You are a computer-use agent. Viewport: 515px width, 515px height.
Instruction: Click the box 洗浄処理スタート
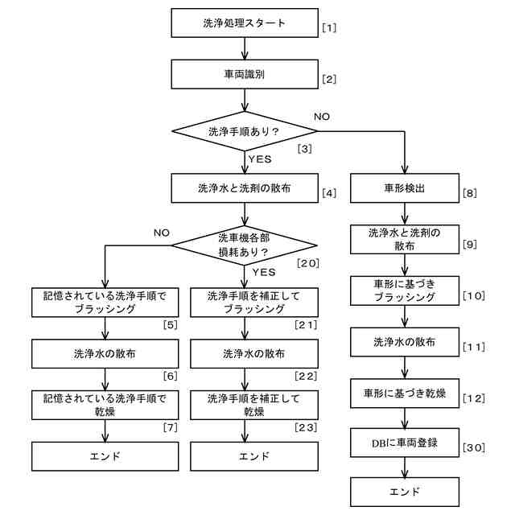245,23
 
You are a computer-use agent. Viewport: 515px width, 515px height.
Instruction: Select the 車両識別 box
245,74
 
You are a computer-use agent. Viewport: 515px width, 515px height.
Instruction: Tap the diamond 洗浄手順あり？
245,131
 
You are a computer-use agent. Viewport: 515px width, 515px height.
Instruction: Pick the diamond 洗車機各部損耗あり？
245,245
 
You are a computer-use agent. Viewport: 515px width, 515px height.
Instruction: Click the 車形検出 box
405,188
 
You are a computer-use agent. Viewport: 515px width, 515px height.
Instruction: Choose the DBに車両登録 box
405,443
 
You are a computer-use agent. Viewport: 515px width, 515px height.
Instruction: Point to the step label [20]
307,263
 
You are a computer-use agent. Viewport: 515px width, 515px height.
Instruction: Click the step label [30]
474,447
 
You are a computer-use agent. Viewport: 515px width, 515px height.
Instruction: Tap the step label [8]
470,193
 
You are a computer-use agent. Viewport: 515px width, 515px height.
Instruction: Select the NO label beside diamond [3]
322,117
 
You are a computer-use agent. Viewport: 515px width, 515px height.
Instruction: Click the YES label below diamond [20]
264,272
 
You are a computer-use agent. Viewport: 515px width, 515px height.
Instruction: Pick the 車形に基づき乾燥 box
405,393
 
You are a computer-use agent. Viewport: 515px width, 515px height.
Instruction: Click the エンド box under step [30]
405,492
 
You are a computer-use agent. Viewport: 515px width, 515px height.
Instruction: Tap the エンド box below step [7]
105,456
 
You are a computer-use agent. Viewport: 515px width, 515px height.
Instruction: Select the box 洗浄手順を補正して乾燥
254,405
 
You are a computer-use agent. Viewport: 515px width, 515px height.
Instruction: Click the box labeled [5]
105,303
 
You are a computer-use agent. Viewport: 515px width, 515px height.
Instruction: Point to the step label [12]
474,398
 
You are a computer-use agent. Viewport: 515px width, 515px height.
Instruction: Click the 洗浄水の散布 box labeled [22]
254,354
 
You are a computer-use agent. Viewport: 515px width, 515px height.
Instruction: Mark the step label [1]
329,27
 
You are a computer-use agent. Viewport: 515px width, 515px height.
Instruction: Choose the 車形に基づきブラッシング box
405,290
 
